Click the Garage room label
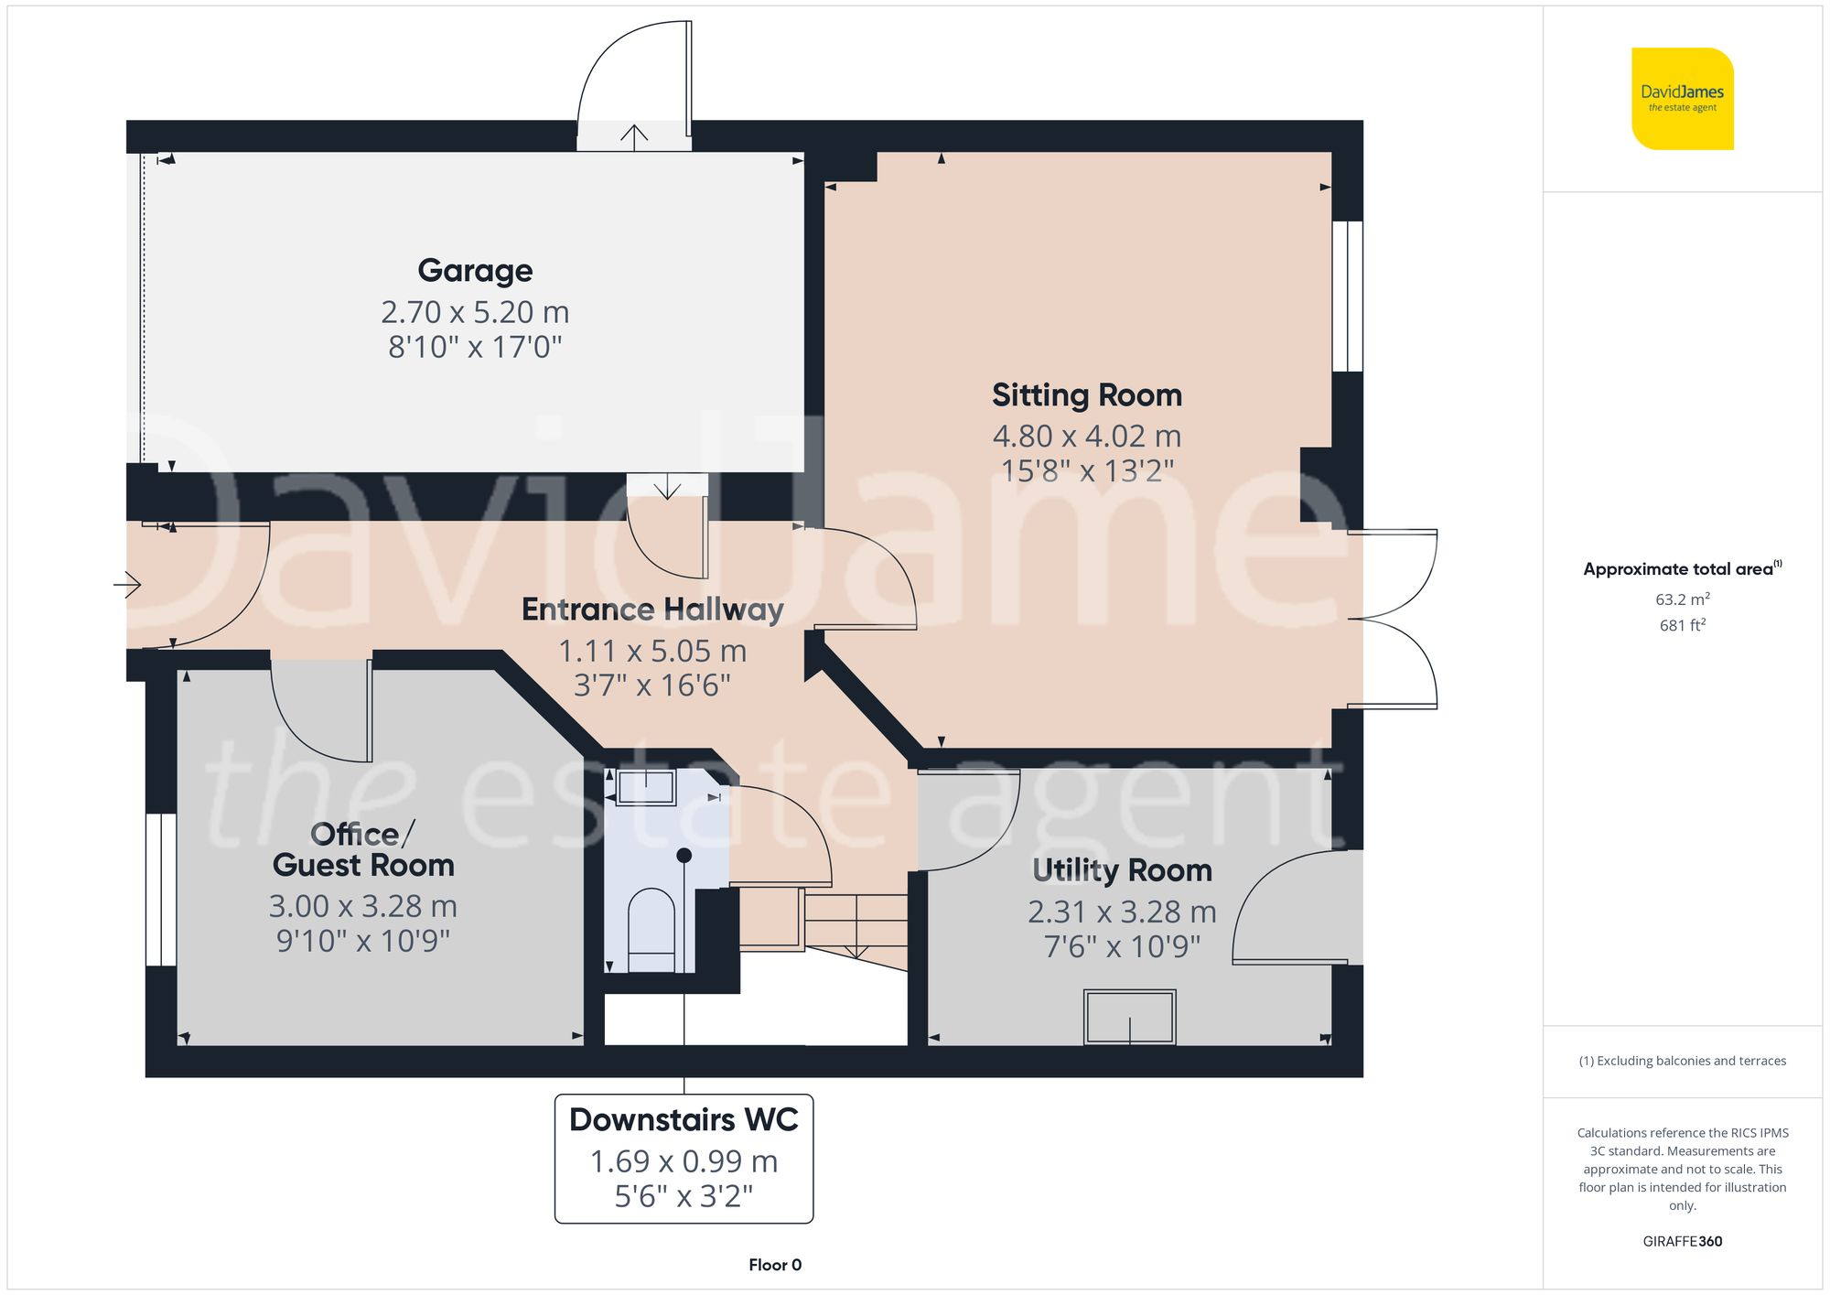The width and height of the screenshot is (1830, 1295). coord(475,271)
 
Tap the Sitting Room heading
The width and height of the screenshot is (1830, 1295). coord(1087,395)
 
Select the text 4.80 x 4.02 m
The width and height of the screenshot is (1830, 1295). coord(1087,437)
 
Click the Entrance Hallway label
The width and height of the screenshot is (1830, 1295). coord(652,610)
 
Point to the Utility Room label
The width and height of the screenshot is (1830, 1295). coord(1122,870)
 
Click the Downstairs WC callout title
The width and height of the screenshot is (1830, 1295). coord(684,1120)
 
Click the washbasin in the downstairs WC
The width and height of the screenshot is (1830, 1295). coord(646,787)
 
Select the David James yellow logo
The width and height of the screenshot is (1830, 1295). coord(1682,99)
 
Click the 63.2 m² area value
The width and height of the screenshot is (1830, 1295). coord(1682,599)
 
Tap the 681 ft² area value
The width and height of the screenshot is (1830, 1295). coord(1682,625)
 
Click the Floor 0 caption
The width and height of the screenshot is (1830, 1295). coord(774,1265)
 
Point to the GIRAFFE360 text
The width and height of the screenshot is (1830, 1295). coord(1682,1241)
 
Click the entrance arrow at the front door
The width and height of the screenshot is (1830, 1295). coord(128,584)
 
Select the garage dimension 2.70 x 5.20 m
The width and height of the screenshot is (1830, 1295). coord(475,312)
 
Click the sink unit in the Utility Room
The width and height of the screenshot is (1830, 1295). coord(1129,1016)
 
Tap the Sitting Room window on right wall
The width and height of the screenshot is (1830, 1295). coord(1347,296)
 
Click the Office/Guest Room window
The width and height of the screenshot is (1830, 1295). coord(161,889)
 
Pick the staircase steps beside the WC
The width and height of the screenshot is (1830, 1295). coord(855,924)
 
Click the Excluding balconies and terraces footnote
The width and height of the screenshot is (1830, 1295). coord(1682,1061)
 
